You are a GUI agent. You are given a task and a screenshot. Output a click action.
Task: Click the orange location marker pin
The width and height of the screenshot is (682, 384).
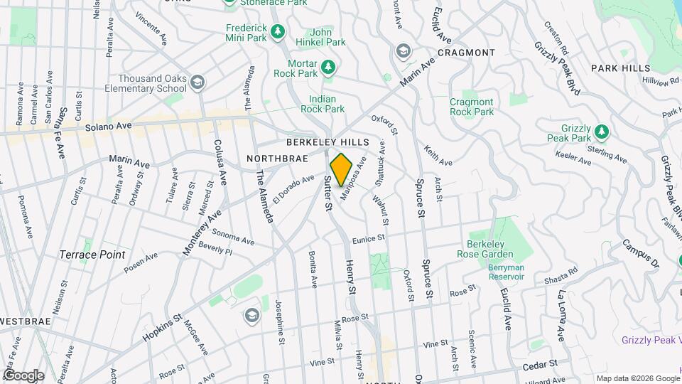tap(342, 170)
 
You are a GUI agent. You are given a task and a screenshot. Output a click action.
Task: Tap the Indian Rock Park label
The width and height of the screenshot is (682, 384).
tap(327, 104)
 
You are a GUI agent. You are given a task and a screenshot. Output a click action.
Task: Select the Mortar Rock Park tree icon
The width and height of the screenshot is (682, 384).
tap(328, 67)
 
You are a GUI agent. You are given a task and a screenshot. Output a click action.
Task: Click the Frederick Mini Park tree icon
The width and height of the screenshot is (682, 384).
tap(278, 31)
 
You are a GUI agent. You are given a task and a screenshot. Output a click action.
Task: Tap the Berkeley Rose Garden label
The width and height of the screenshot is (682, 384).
tap(490, 248)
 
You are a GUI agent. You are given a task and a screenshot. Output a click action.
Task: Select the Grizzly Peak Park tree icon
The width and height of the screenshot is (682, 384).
tap(602, 131)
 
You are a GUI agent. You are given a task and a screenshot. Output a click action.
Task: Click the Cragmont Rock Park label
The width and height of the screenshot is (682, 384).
tap(471, 107)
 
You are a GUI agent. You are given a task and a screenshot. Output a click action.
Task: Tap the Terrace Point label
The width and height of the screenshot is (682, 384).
tap(92, 254)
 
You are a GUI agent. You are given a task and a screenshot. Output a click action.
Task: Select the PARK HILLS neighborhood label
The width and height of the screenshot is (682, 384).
tap(620, 68)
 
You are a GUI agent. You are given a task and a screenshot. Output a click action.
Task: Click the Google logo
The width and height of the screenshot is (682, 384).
tap(23, 375)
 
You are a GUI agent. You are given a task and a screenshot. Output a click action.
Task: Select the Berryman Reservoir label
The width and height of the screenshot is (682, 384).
tap(496, 272)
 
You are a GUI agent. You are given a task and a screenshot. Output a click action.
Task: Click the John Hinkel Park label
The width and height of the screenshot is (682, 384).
tap(328, 37)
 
